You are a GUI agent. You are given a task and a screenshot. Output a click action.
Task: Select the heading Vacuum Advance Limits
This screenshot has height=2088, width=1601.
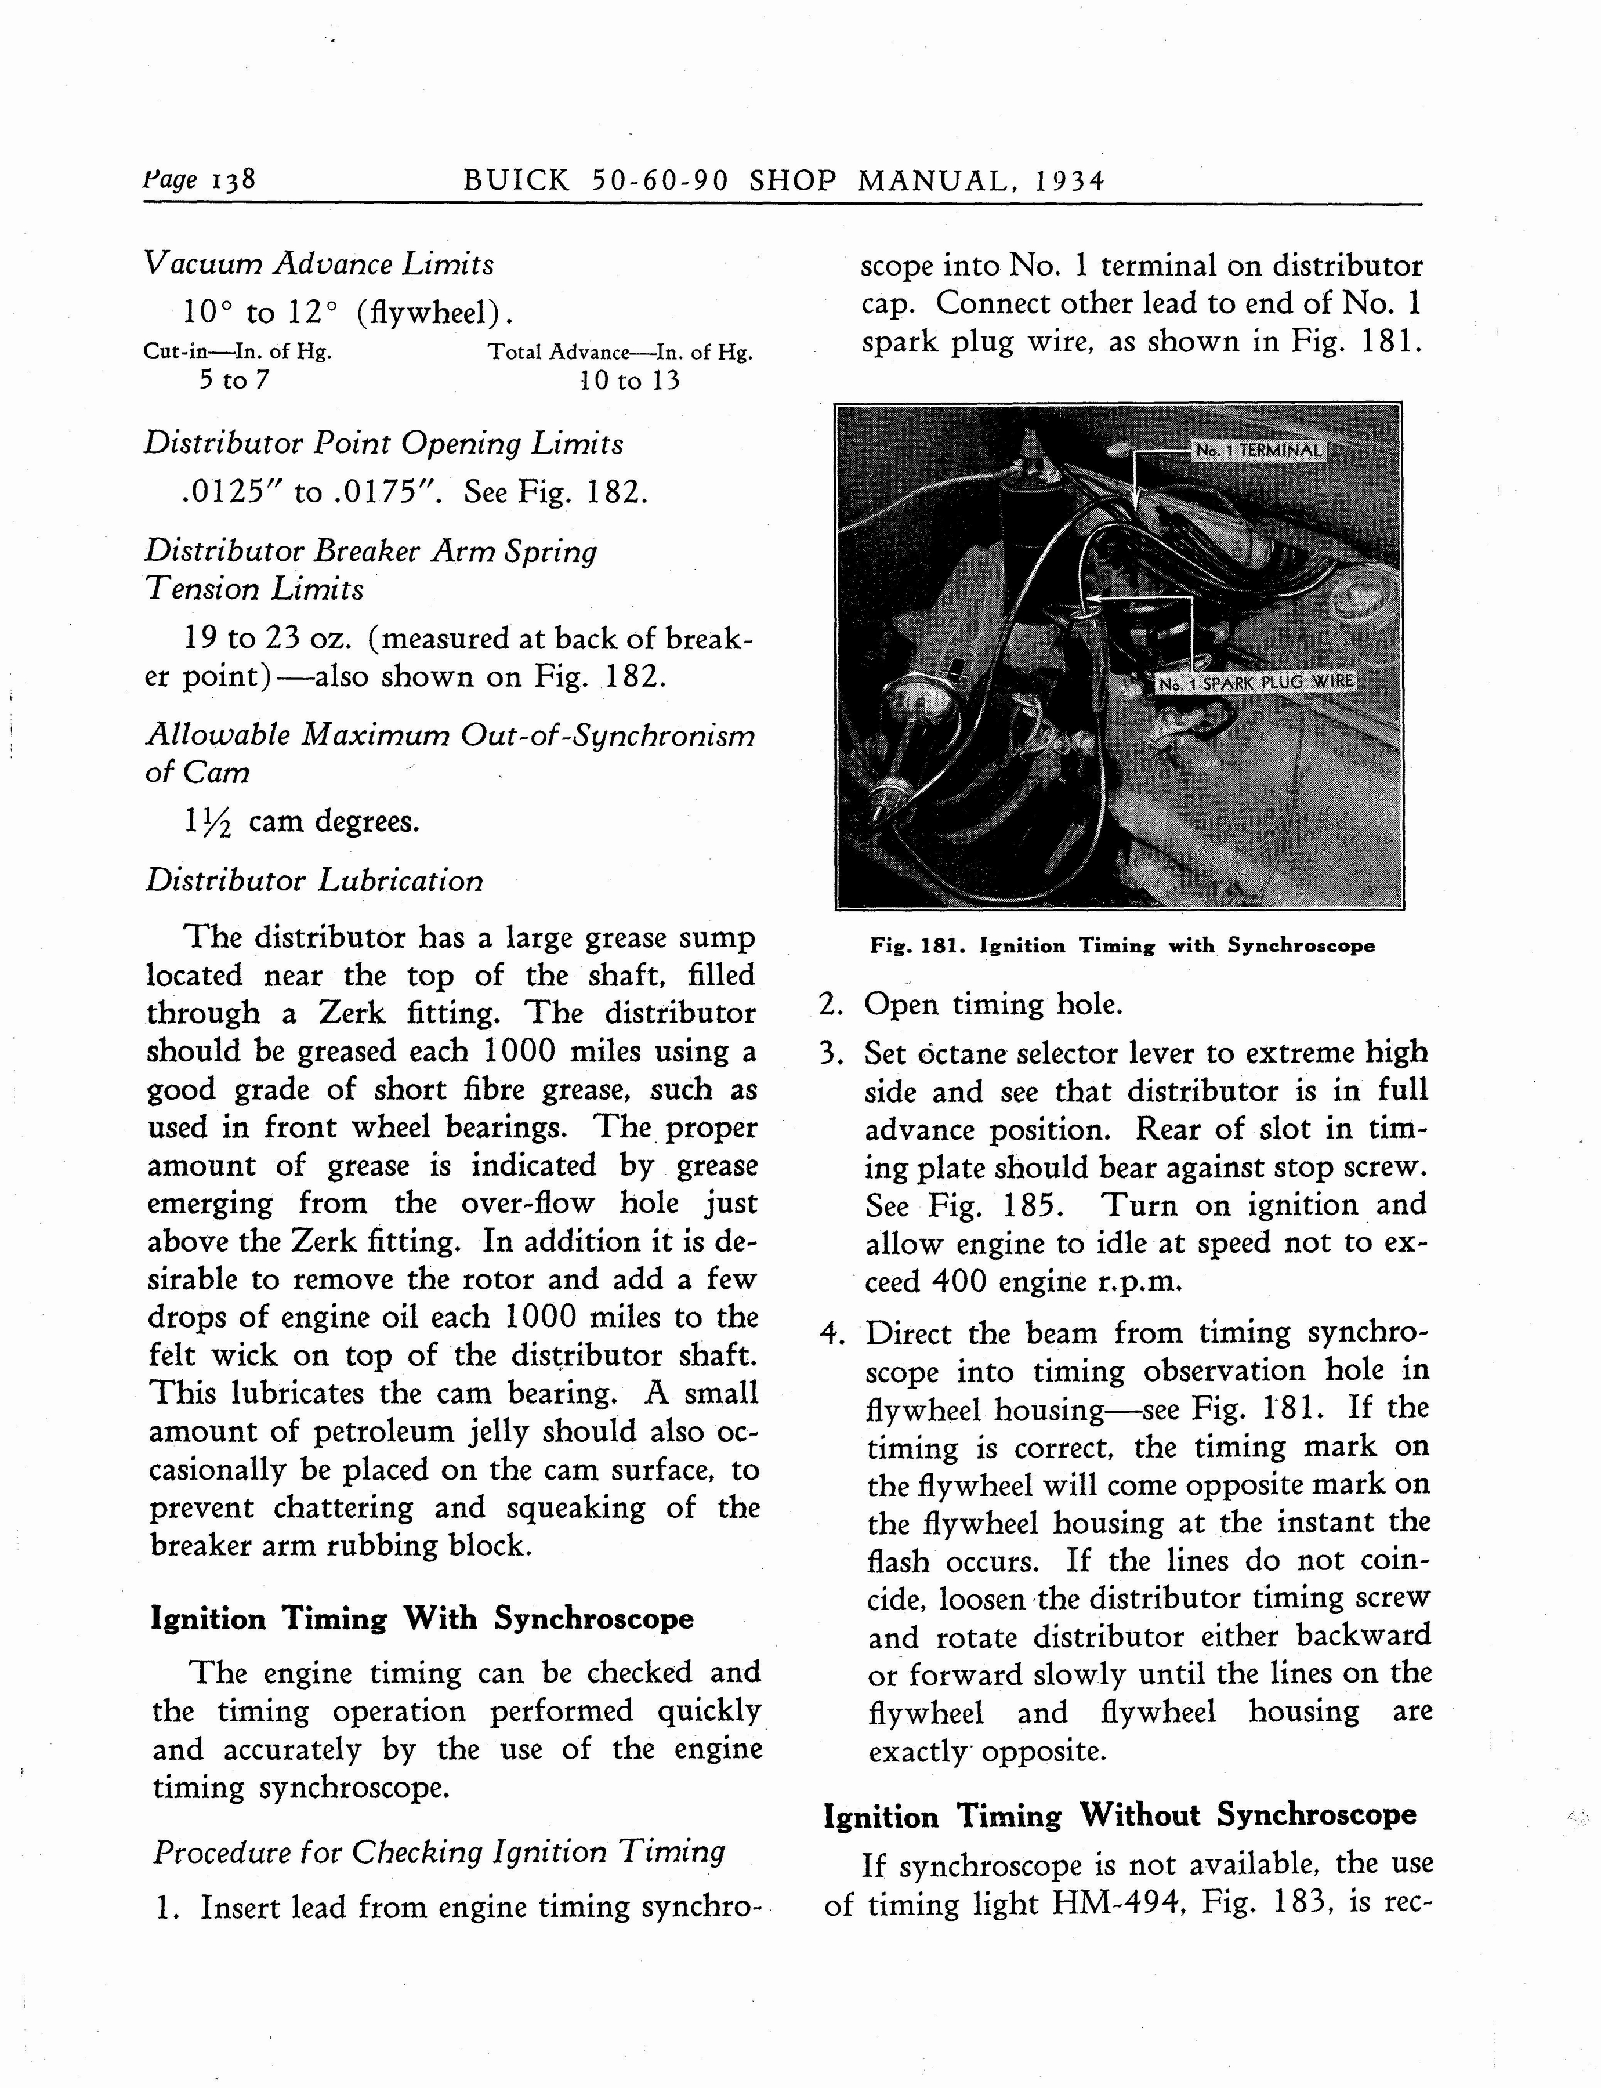click(x=319, y=264)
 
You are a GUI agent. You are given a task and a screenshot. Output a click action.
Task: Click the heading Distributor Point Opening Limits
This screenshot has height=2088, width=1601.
click(x=383, y=444)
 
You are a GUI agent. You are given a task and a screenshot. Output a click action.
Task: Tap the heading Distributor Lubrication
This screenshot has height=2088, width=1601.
click(x=314, y=880)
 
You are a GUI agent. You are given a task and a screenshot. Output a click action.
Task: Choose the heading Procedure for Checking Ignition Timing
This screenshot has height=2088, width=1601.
click(x=439, y=1852)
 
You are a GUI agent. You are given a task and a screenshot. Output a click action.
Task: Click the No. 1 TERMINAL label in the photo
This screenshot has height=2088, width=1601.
click(x=1259, y=451)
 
